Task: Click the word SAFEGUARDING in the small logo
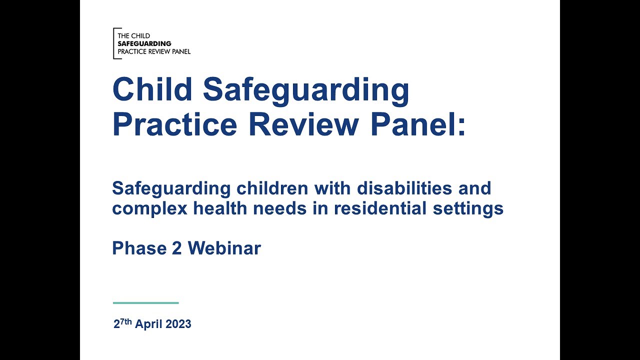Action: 144,43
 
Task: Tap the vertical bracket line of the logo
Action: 114,43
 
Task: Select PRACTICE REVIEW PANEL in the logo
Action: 153,51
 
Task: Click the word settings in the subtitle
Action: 468,208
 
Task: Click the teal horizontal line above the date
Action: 145,303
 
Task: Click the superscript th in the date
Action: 127,321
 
